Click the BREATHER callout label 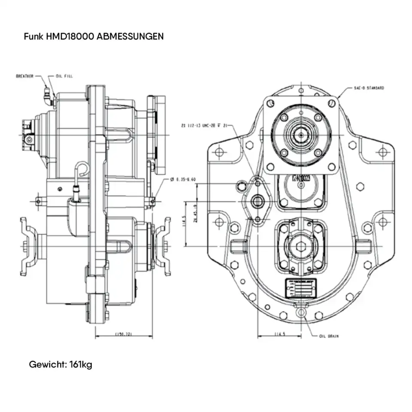tap(24, 76)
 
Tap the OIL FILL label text tap(64, 76)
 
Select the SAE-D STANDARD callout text tap(369, 88)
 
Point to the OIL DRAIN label tap(329, 336)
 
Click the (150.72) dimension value tap(123, 334)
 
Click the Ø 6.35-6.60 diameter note tap(183, 179)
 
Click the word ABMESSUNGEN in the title tap(130, 36)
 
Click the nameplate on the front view tap(301, 288)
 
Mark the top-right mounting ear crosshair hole tap(382, 151)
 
